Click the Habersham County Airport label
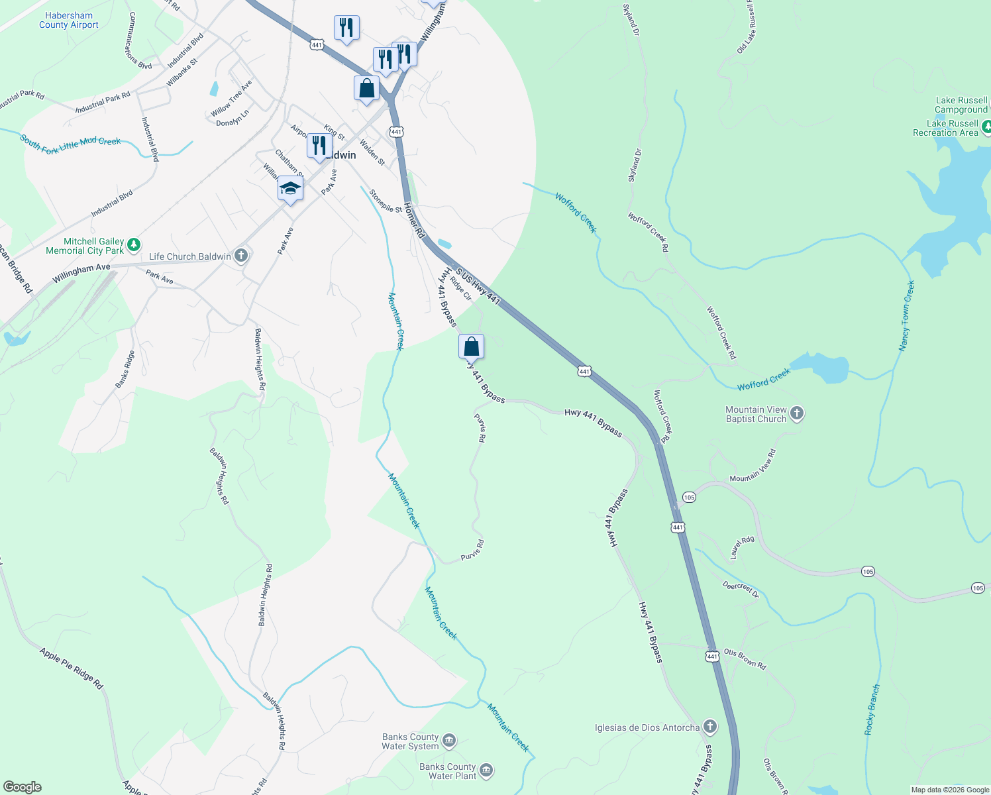coord(69,20)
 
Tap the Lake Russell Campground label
coord(961,105)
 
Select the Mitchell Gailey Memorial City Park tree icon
coord(134,245)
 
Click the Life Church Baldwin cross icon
coord(241,256)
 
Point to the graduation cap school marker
coord(290,189)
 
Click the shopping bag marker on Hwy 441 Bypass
coord(471,346)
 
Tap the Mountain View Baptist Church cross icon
coord(797,413)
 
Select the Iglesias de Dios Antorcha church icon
coord(709,727)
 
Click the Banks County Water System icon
coord(449,741)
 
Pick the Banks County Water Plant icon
coord(486,770)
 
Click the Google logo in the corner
coord(23,787)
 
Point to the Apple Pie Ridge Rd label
coord(72,668)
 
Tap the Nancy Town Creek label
coord(906,315)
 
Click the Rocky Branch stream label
coord(872,710)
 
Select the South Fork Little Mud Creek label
coord(70,144)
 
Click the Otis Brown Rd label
coord(745,659)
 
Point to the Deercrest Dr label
coord(740,589)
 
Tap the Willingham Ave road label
coord(81,272)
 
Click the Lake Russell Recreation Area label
coord(945,128)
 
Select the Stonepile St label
coord(386,201)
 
